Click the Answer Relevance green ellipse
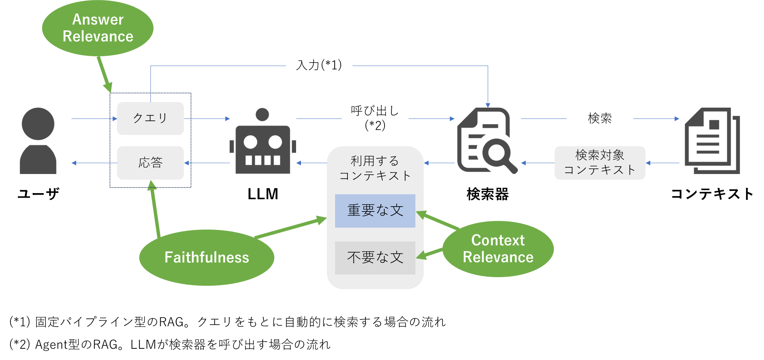point(98,28)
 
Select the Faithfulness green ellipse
point(206,258)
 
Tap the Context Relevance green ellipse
point(498,249)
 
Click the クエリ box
point(150,118)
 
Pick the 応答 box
point(150,163)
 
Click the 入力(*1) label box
point(319,65)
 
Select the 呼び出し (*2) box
point(375,118)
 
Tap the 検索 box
point(600,118)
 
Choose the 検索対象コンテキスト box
point(600,163)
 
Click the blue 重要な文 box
point(375,211)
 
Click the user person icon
point(38,141)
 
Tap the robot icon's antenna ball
point(262,114)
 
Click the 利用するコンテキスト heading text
point(375,168)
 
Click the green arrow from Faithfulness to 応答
point(155,210)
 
